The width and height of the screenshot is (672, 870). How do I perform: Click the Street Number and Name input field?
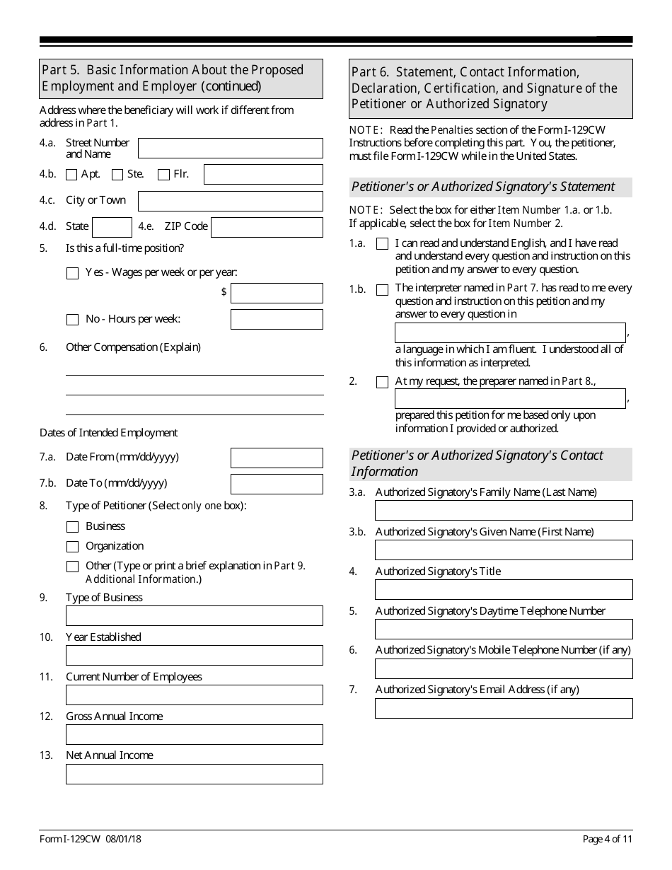pyautogui.click(x=230, y=149)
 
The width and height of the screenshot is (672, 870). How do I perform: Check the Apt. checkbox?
pyautogui.click(x=71, y=175)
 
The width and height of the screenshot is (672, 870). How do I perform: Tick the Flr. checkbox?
pyautogui.click(x=163, y=175)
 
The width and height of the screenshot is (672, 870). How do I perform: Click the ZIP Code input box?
pyautogui.click(x=267, y=227)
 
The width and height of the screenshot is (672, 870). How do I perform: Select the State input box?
pyautogui.click(x=112, y=227)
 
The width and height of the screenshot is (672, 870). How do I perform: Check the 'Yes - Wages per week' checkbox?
pyautogui.click(x=72, y=273)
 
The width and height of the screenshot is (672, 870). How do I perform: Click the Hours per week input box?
pyautogui.click(x=277, y=320)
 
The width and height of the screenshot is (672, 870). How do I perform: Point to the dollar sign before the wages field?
pyautogui.click(x=224, y=292)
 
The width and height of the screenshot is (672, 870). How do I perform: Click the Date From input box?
pyautogui.click(x=277, y=458)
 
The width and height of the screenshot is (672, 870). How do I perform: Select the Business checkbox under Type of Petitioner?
pyautogui.click(x=72, y=527)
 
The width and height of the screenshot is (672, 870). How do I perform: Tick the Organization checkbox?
pyautogui.click(x=72, y=547)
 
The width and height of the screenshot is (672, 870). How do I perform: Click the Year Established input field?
pyautogui.click(x=194, y=655)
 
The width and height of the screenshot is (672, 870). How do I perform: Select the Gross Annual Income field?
pyautogui.click(x=194, y=734)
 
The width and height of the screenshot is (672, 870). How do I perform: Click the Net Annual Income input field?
pyautogui.click(x=194, y=774)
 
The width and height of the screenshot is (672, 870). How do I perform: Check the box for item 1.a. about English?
pyautogui.click(x=382, y=244)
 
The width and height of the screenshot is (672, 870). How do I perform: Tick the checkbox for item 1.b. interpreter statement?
pyautogui.click(x=382, y=289)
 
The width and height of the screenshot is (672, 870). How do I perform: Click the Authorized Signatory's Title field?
pyautogui.click(x=504, y=590)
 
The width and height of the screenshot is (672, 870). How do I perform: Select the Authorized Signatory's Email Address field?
pyautogui.click(x=504, y=709)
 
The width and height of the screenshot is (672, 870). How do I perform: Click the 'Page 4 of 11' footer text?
pyautogui.click(x=608, y=840)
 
